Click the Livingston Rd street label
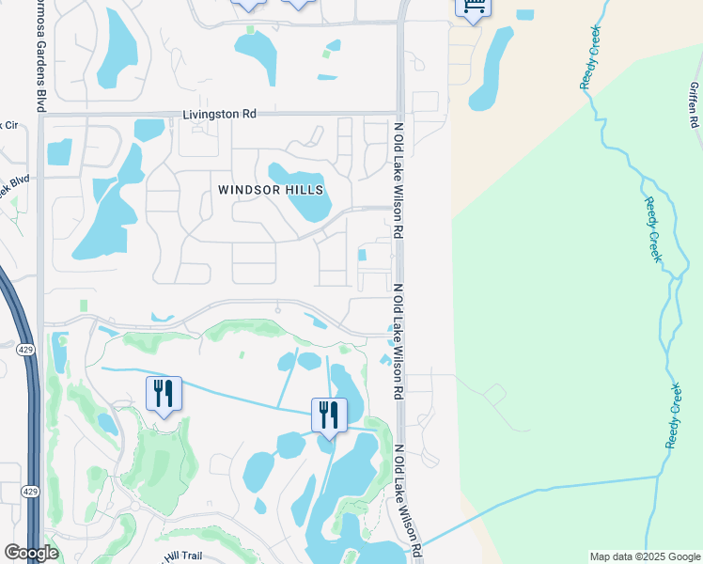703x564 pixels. point(219,114)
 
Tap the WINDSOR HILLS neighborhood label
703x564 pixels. point(271,190)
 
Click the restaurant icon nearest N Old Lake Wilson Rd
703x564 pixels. point(329,415)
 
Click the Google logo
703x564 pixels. point(31,553)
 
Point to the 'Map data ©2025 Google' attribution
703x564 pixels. point(645,556)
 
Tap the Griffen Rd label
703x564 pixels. point(694,103)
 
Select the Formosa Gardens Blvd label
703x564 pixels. point(41,56)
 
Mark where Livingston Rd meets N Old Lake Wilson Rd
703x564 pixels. point(398,114)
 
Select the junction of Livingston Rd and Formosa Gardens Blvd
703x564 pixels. point(41,115)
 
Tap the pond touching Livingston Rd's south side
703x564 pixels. point(148,129)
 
